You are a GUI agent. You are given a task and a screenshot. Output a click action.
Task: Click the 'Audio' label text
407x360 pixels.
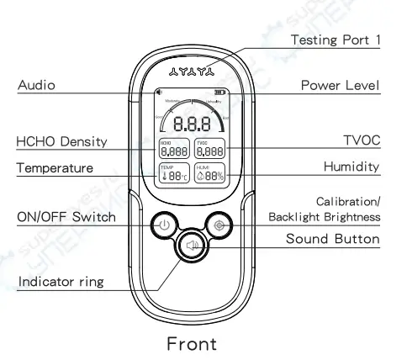pos(34,85)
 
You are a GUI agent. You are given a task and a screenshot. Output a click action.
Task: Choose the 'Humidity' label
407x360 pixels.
pos(352,168)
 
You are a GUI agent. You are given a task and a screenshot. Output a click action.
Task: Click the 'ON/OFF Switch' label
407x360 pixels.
pos(66,217)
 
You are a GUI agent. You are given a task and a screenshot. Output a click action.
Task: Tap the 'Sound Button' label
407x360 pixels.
pos(333,239)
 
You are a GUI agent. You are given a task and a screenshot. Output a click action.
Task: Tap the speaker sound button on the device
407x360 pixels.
pos(192,246)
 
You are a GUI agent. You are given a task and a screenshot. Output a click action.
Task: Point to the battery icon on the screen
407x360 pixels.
pos(220,93)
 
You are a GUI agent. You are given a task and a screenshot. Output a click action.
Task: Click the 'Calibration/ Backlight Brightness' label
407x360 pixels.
pos(325,209)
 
